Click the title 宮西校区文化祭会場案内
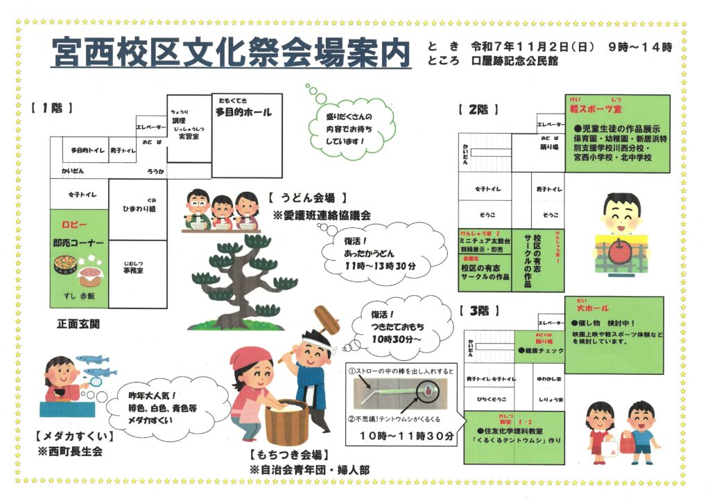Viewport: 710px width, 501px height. pyautogui.click(x=231, y=54)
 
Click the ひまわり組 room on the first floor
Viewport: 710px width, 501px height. pyautogui.click(x=138, y=208)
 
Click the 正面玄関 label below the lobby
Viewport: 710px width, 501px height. pyautogui.click(x=78, y=324)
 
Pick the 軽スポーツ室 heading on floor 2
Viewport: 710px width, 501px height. pyautogui.click(x=597, y=109)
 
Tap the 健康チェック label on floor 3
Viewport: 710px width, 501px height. pyautogui.click(x=544, y=351)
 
